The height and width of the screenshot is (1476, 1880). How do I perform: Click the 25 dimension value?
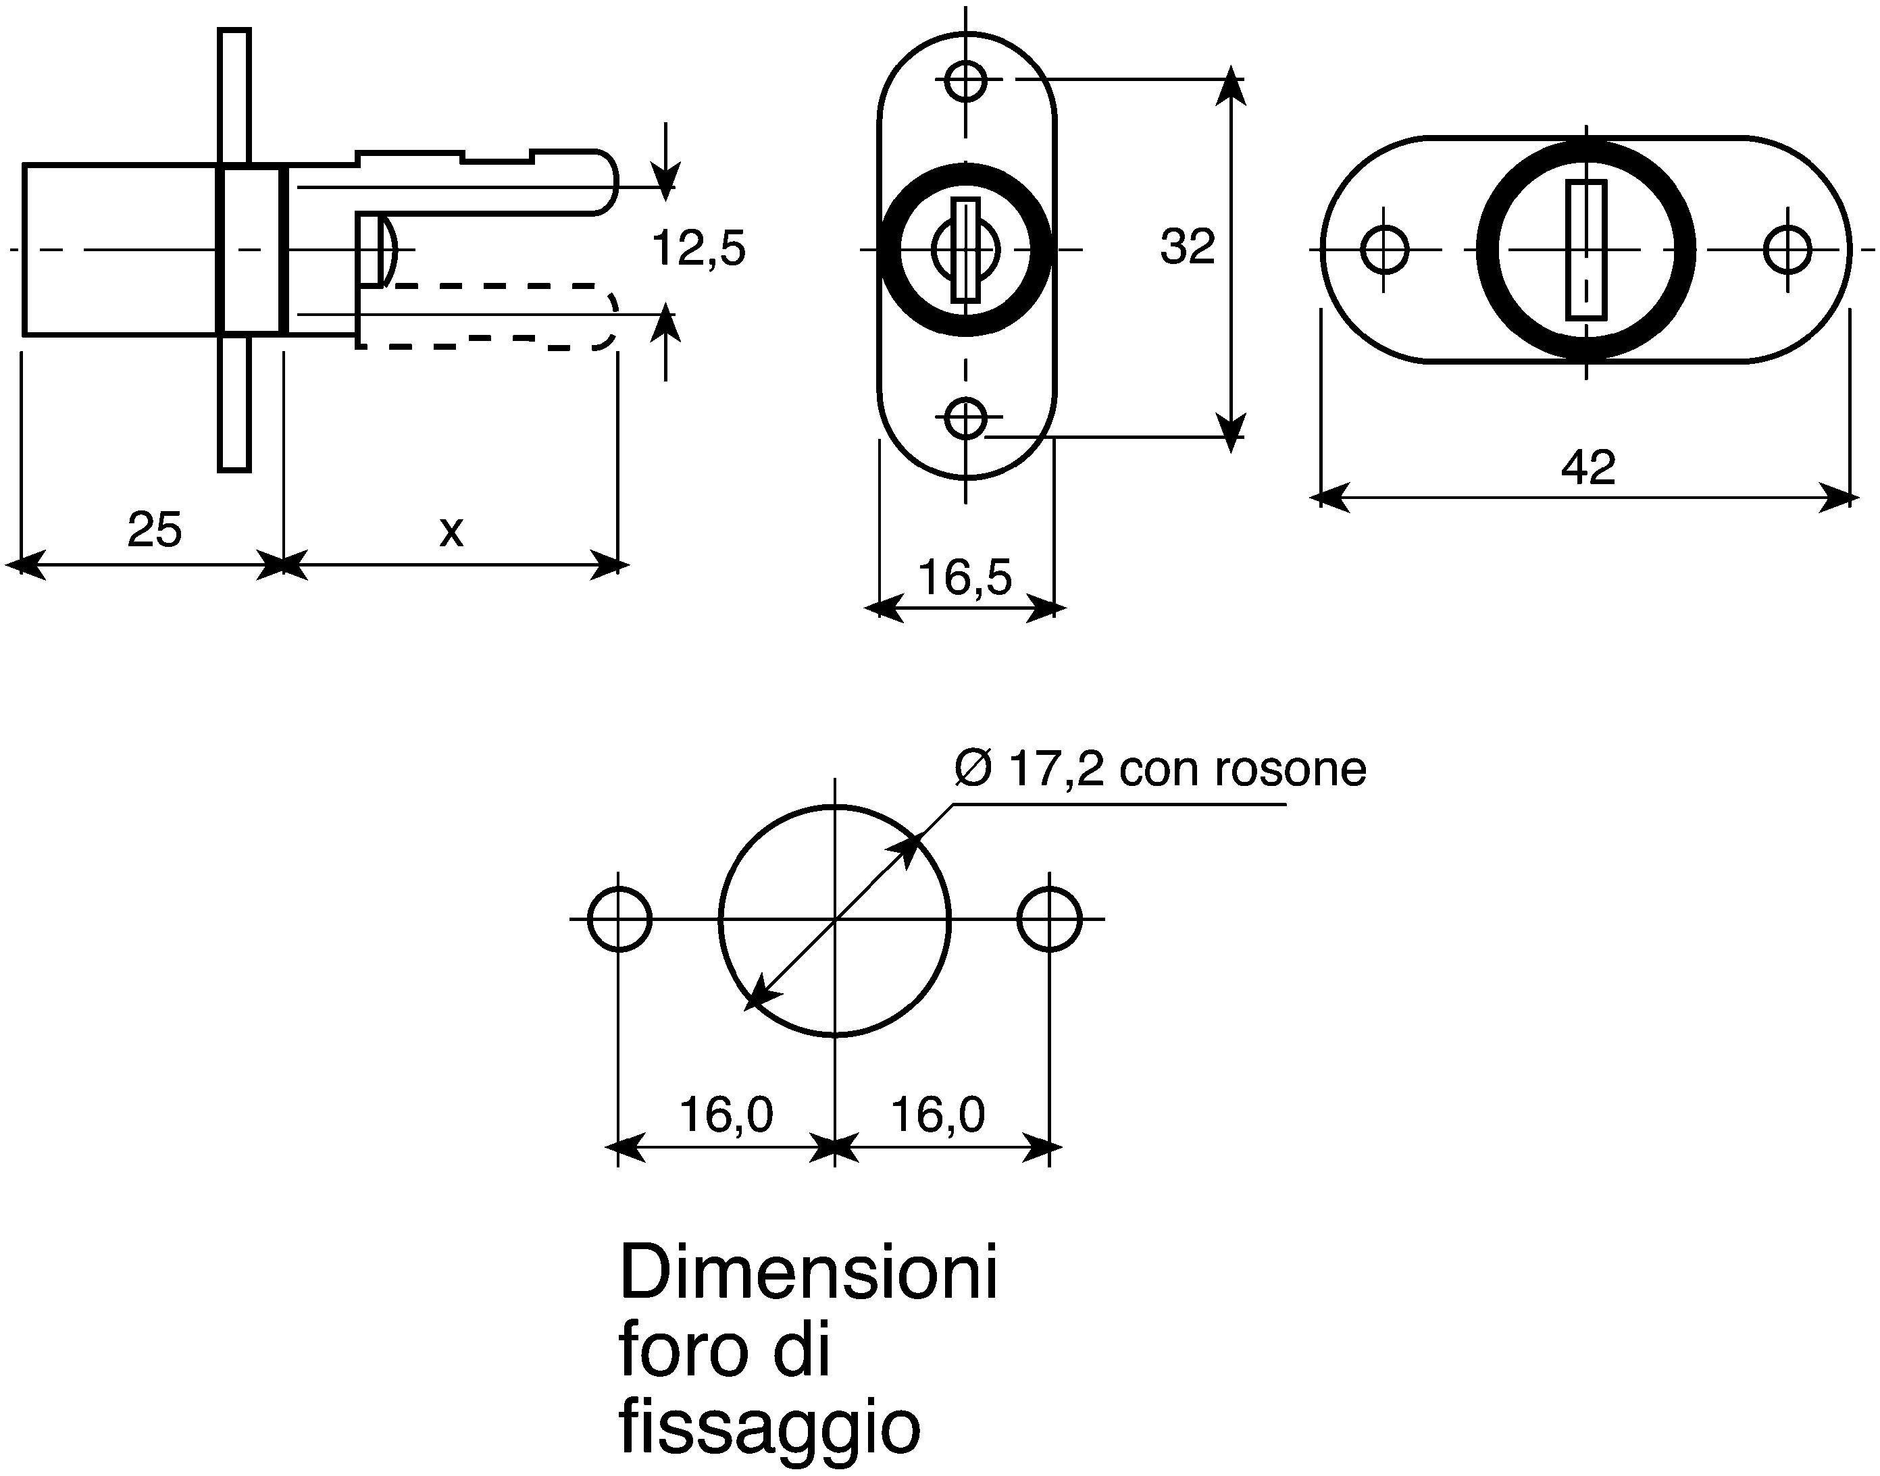point(155,530)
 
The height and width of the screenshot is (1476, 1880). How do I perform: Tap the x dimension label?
point(451,531)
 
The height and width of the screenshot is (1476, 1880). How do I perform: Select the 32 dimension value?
point(1188,246)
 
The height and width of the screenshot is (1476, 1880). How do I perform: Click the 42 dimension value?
point(1588,467)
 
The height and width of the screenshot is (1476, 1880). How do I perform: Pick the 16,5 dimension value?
point(965,577)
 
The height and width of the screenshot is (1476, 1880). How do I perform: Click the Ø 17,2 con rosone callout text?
point(1161,768)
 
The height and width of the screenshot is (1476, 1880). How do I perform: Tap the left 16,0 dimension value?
point(726,1114)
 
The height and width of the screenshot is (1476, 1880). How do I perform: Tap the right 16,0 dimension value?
point(938,1114)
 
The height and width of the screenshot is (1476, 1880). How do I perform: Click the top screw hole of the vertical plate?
point(965,81)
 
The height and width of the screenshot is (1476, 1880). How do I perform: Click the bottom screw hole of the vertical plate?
point(965,418)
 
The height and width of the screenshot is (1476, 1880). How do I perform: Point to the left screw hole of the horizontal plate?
point(1384,250)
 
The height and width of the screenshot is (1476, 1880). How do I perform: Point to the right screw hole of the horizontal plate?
point(1787,250)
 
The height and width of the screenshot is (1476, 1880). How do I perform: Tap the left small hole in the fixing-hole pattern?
point(619,918)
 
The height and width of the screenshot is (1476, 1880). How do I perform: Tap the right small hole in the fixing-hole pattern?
point(1049,918)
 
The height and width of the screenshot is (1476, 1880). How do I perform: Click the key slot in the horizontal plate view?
point(1586,250)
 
